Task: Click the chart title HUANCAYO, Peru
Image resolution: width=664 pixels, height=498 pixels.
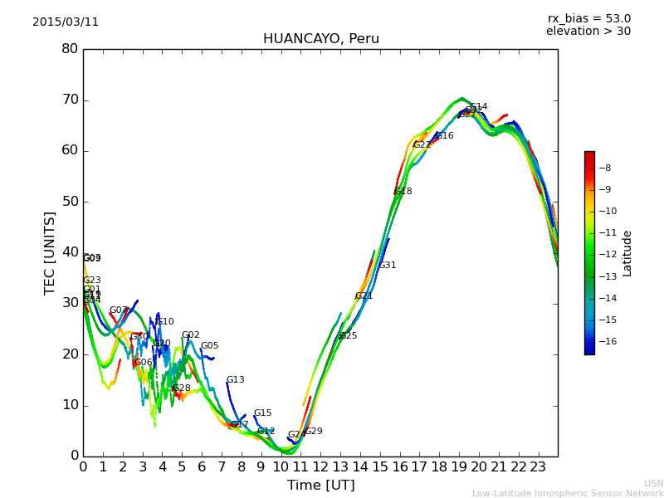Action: click(320, 39)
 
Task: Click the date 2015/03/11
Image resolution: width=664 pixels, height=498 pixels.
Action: click(66, 22)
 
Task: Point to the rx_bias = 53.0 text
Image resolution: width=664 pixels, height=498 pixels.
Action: click(588, 18)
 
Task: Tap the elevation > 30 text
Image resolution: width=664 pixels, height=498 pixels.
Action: click(588, 32)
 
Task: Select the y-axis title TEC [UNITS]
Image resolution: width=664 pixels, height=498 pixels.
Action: click(50, 252)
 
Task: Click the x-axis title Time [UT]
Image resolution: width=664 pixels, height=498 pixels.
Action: click(320, 486)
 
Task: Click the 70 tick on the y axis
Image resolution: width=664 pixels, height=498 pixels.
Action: click(70, 100)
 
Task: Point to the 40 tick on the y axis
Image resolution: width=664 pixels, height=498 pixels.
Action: click(70, 252)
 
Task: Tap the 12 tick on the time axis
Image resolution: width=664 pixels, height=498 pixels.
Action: click(320, 466)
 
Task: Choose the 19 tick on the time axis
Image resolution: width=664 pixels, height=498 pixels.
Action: click(459, 466)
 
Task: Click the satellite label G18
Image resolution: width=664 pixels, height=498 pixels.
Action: click(403, 192)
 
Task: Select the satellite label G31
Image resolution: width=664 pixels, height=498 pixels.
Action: click(388, 266)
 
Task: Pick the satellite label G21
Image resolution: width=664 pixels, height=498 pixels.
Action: click(364, 296)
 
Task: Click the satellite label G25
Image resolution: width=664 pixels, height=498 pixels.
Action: click(348, 336)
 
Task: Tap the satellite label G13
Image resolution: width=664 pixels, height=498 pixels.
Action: click(236, 380)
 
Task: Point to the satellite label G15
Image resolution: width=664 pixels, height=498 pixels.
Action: click(263, 413)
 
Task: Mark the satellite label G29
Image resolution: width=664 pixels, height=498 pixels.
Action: click(314, 432)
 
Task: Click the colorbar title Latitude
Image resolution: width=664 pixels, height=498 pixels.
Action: click(627, 253)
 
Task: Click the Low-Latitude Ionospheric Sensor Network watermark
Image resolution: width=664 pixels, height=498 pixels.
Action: click(568, 494)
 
